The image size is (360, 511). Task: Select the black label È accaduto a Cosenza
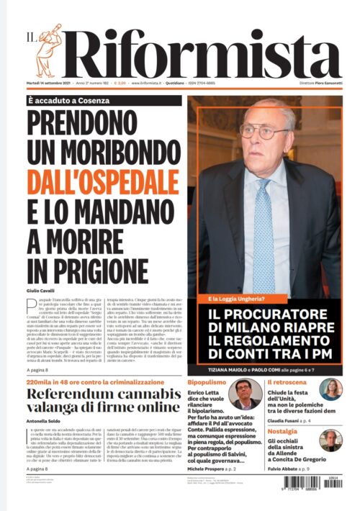click(75, 101)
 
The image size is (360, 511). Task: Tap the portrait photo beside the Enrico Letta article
click(245, 394)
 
